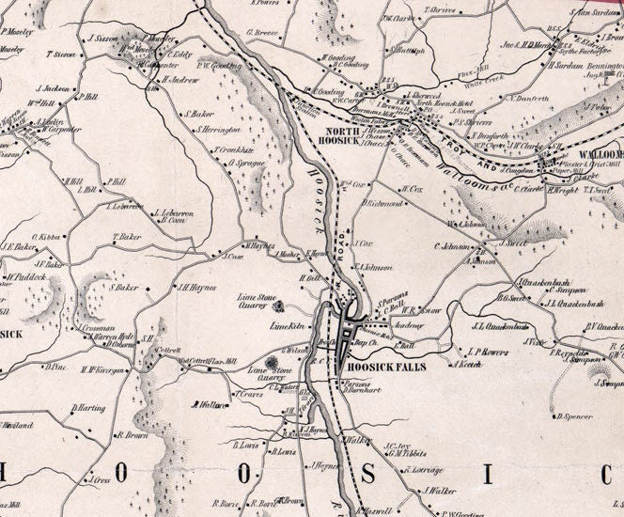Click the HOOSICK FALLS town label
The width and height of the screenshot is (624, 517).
click(384, 368)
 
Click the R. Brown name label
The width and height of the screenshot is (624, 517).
click(132, 435)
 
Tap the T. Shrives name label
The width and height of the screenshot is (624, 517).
click(441, 10)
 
